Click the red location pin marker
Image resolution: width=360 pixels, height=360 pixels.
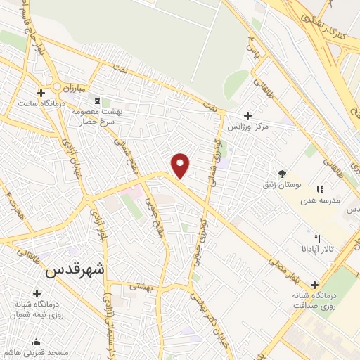click(181, 165)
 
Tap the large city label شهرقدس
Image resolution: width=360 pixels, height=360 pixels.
click(79, 271)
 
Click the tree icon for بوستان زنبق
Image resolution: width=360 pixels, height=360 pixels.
click(282, 173)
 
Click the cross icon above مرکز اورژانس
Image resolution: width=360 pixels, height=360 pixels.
click(247, 115)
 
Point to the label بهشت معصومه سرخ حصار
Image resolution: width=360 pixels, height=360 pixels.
click(96, 116)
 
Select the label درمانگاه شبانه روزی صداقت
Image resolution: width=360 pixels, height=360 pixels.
click(314, 301)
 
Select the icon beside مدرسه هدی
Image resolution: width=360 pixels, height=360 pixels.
click(320, 188)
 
